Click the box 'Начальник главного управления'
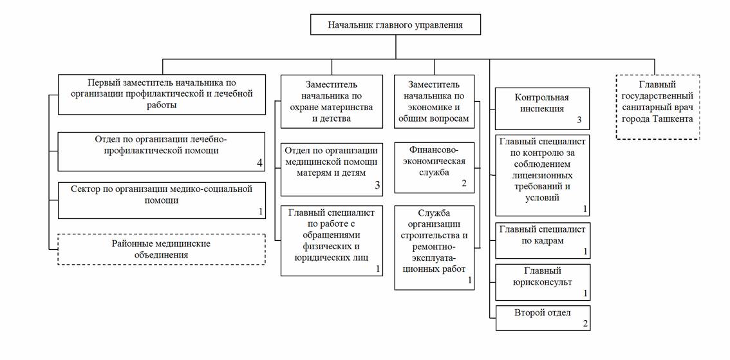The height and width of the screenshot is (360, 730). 395,24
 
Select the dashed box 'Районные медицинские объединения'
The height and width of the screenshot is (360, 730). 162,249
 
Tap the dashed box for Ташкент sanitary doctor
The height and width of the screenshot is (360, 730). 658,107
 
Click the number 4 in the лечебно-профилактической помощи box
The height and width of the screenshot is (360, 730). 259,163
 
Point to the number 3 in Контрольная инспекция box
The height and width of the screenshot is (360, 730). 579,120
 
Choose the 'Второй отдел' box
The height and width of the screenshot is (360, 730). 543,318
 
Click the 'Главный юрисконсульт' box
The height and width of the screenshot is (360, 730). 543,283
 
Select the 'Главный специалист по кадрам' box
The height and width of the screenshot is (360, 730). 543,241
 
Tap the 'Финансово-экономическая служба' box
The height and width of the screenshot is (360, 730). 435,167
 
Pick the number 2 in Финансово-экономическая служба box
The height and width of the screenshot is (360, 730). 463,184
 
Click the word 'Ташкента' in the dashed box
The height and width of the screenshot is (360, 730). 673,118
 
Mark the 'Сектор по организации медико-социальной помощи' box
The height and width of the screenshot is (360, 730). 162,200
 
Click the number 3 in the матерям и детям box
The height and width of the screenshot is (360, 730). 377,186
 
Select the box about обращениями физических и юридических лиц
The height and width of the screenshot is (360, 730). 332,240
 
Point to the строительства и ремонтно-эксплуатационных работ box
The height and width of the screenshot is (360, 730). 435,248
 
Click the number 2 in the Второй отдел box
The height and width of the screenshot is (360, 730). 585,324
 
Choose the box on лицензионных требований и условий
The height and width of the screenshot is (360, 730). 543,176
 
